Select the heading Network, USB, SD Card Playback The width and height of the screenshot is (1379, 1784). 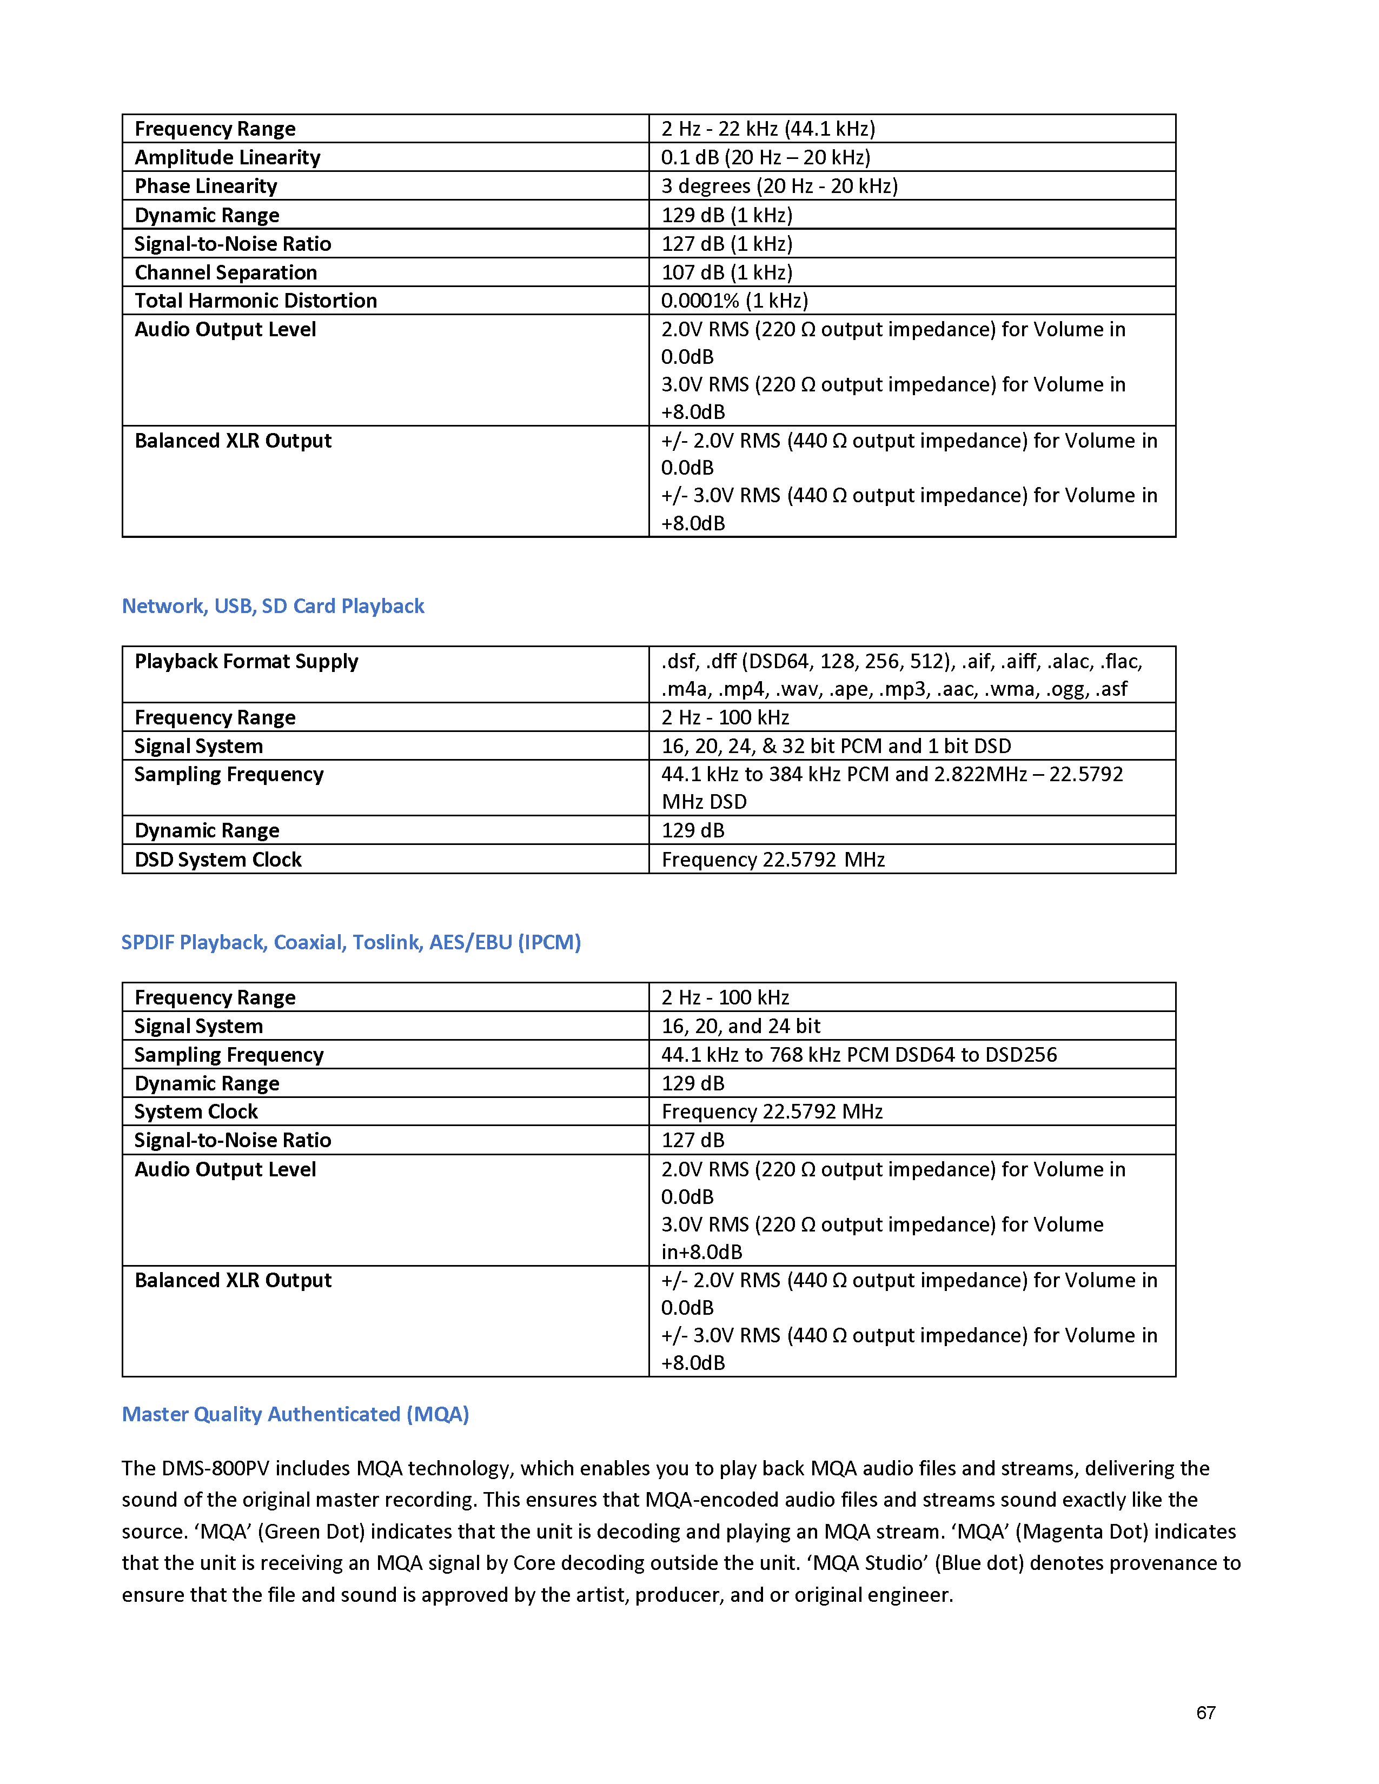click(273, 606)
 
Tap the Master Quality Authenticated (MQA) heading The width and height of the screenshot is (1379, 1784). click(295, 1414)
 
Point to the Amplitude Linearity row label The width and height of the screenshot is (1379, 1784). click(227, 158)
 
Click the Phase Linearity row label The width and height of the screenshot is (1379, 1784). click(206, 187)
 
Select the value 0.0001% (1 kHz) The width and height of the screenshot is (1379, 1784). click(734, 301)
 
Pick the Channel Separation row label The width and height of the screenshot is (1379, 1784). click(226, 272)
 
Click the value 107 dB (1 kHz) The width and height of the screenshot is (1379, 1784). click(727, 272)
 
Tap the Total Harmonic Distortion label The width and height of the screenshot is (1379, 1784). click(256, 301)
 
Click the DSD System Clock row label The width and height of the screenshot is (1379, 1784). click(218, 860)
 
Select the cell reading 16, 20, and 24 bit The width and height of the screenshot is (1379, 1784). click(740, 1026)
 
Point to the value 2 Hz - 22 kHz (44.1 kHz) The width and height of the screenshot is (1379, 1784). click(768, 129)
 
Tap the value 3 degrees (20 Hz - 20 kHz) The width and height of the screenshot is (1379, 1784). click(779, 187)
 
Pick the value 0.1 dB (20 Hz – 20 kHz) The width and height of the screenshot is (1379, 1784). click(765, 158)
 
